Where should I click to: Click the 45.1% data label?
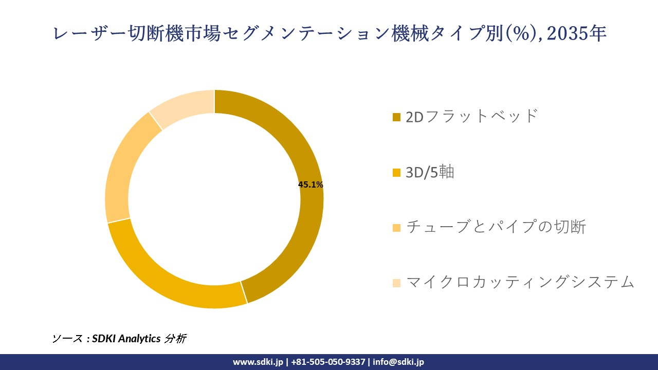pyautogui.click(x=310, y=185)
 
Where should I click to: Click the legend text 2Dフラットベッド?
pyautogui.click(x=471, y=116)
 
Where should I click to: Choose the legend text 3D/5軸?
pyautogui.click(x=430, y=172)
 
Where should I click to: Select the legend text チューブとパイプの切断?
pyautogui.click(x=496, y=227)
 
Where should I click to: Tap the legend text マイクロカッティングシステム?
pyautogui.click(x=520, y=282)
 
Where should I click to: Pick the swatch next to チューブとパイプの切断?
pyautogui.click(x=396, y=228)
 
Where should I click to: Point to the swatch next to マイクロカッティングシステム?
pyautogui.click(x=396, y=283)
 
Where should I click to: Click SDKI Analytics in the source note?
pyautogui.click(x=126, y=339)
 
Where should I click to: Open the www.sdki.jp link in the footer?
pyautogui.click(x=258, y=362)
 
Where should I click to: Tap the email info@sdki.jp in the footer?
pyautogui.click(x=398, y=362)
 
